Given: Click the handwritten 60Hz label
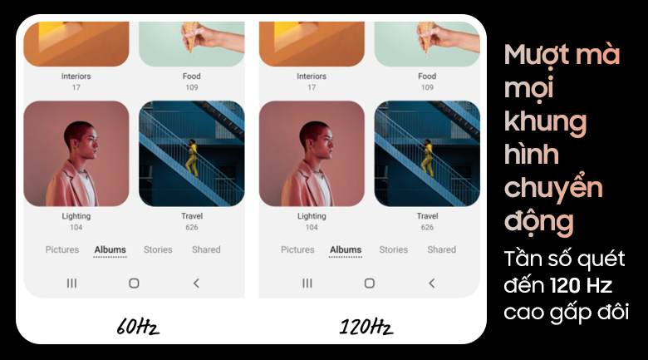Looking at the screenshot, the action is tap(138, 327).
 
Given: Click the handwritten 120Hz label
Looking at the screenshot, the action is tap(366, 327).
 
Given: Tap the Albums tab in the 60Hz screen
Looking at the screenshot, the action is tap(110, 249).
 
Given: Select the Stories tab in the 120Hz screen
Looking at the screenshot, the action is tap(394, 249).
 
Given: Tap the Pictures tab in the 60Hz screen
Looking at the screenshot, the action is tap(62, 249).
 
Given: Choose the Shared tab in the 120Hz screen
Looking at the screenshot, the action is tap(441, 249).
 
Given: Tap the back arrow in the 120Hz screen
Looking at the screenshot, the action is tap(431, 283).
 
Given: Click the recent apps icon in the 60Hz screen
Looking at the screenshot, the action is tap(71, 283).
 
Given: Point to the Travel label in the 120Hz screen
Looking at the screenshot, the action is tap(427, 216).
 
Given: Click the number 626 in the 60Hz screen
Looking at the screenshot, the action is tap(192, 227).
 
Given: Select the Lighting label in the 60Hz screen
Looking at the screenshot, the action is tap(76, 216).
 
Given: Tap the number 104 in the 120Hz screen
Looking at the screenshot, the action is tap(312, 227).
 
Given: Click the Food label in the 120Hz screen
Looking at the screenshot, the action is tap(427, 76).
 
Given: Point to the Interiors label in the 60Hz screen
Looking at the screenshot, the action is tap(76, 76).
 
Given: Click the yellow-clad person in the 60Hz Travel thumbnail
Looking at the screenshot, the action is tap(192, 158).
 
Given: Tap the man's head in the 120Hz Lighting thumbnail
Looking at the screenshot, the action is tap(317, 140).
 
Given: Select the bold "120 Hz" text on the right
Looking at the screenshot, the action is tap(581, 285).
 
